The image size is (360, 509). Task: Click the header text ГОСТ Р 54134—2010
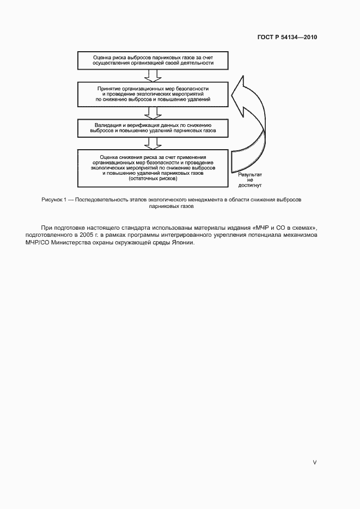[286, 38]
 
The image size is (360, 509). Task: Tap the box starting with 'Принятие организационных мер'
[153, 94]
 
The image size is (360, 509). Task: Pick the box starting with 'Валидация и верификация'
[153, 128]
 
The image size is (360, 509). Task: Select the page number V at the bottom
[314, 462]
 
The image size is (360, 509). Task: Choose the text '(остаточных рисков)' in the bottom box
[153, 179]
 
